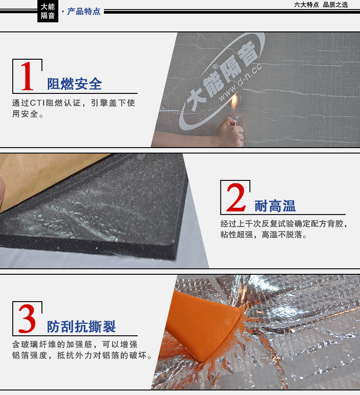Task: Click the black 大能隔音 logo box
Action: click(x=48, y=11)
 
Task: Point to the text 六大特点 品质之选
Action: click(x=321, y=5)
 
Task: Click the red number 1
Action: click(x=27, y=76)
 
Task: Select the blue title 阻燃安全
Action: click(x=75, y=84)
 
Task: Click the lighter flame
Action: click(x=234, y=102)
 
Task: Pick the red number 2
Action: click(x=236, y=197)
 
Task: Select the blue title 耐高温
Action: click(x=275, y=206)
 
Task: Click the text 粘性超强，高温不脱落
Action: click(x=263, y=235)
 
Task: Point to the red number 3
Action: click(x=27, y=318)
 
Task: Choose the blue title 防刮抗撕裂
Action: click(x=81, y=327)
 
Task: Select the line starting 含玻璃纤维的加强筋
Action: click(x=75, y=344)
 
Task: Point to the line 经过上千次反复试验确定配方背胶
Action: click(x=284, y=224)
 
